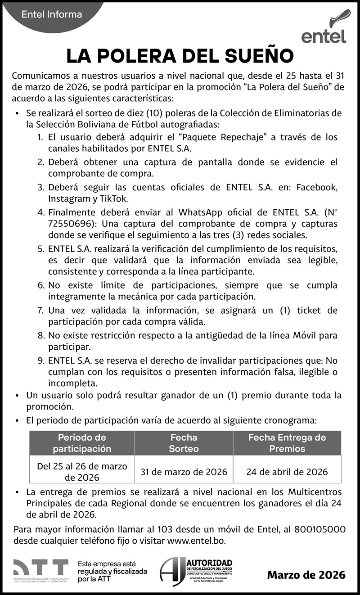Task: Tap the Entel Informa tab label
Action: [52, 15]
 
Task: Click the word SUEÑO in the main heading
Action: [259, 57]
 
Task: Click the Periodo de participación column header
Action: [82, 443]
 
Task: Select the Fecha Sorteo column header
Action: [184, 443]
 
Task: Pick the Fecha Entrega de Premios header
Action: [287, 443]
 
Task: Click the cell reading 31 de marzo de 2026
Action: [184, 472]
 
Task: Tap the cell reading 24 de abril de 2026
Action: [287, 472]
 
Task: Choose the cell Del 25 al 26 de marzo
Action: [82, 466]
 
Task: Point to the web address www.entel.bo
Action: [196, 540]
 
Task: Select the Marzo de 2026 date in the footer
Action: [306, 575]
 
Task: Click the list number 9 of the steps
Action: [40, 361]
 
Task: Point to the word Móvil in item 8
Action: [295, 335]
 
